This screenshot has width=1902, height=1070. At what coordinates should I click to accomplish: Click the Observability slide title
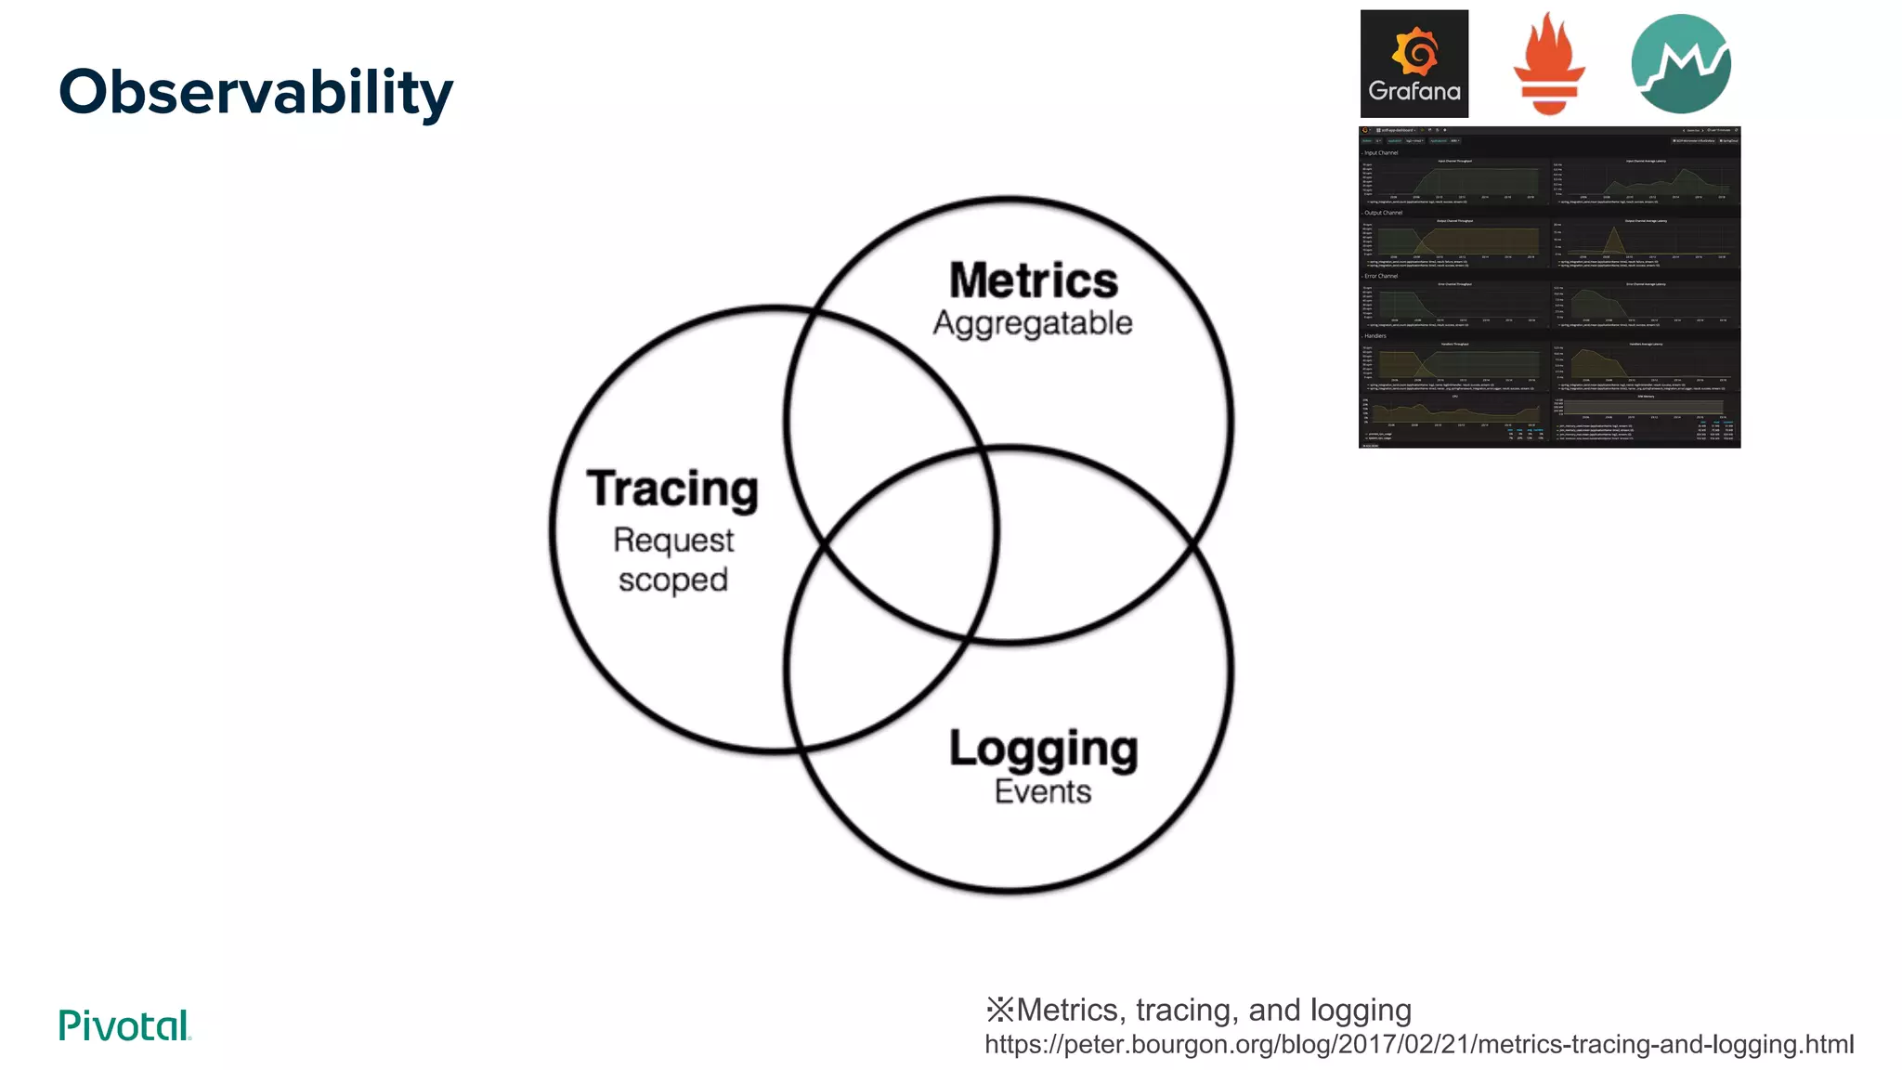click(x=255, y=93)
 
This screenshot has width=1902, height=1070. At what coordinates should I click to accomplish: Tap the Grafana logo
click(x=1413, y=63)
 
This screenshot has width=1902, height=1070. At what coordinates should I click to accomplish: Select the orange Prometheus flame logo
click(x=1548, y=63)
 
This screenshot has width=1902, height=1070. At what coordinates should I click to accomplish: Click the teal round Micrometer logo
click(x=1680, y=63)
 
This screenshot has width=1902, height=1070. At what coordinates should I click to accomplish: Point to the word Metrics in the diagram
click(x=1033, y=281)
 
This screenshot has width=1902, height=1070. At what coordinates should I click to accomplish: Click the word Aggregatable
click(x=1033, y=323)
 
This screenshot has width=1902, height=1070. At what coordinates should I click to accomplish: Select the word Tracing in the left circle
click(x=672, y=489)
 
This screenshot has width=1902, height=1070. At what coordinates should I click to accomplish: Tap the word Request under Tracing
click(x=673, y=540)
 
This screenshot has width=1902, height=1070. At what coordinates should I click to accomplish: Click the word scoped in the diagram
click(x=673, y=581)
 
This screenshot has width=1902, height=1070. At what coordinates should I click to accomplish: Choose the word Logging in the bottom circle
click(x=1043, y=749)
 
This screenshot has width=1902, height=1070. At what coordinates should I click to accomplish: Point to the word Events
click(x=1043, y=791)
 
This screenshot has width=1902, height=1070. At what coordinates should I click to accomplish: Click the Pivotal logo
click(x=124, y=1025)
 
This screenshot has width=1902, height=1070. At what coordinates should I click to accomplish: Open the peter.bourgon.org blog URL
click(x=1419, y=1044)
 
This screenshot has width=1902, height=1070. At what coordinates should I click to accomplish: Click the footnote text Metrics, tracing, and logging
click(x=1214, y=1010)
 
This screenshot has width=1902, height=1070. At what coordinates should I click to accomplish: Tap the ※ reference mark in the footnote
click(x=999, y=1010)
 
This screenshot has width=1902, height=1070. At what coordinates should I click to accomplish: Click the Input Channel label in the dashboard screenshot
click(x=1381, y=152)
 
